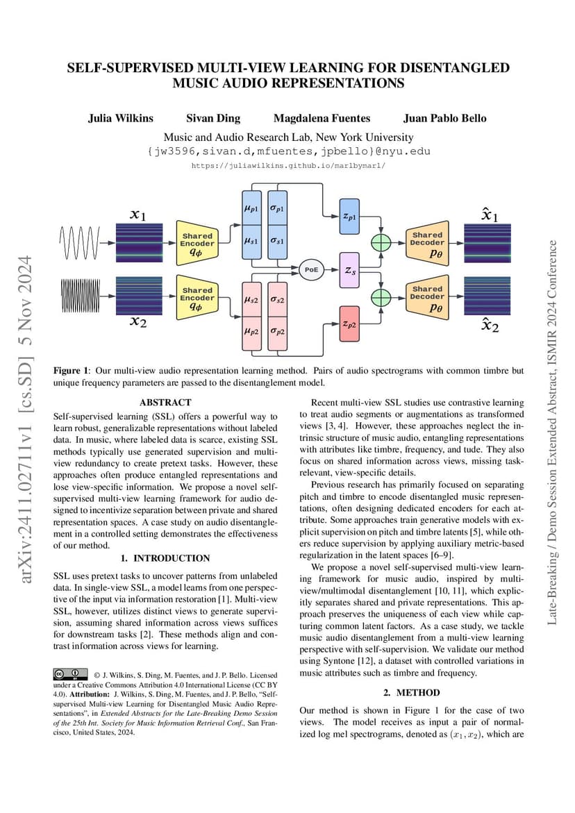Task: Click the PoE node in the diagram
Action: point(311,269)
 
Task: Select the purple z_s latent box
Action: point(349,270)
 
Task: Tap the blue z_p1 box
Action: point(349,216)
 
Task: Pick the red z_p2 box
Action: point(349,324)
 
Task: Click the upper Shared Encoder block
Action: point(197,243)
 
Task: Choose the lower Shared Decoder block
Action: point(427,296)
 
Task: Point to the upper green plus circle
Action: point(382,243)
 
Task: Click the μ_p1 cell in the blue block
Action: point(252,208)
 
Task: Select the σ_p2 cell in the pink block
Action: point(277,332)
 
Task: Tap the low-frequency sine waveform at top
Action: point(79,242)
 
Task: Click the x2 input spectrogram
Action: point(139,296)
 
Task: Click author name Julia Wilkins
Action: point(121,118)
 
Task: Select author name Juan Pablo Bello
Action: point(445,118)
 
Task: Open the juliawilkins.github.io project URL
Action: point(288,166)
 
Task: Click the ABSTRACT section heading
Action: point(165,403)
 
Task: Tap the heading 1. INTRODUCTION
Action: point(165,558)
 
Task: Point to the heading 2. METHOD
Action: point(412,693)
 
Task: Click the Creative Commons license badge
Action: point(71,674)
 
